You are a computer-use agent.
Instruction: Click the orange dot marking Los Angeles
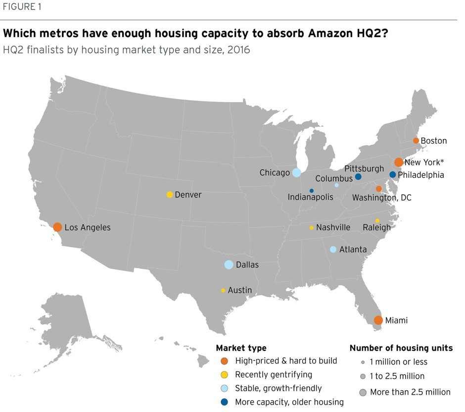click(x=57, y=227)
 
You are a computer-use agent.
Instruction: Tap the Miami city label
click(x=397, y=320)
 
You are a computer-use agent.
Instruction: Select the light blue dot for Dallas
click(x=229, y=264)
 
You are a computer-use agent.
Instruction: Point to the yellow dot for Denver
click(x=170, y=195)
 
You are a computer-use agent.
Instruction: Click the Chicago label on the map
click(x=274, y=173)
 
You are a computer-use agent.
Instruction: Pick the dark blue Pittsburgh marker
click(x=358, y=177)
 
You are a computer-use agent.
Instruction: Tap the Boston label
click(x=433, y=141)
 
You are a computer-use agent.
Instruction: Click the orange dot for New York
click(x=398, y=162)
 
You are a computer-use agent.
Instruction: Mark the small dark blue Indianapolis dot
click(x=312, y=191)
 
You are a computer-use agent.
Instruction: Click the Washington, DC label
click(x=381, y=198)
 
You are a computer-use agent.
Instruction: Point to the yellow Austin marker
click(x=223, y=290)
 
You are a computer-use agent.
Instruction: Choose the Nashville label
click(x=333, y=227)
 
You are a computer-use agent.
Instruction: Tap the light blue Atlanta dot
click(x=333, y=250)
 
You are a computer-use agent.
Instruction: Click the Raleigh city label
click(x=376, y=228)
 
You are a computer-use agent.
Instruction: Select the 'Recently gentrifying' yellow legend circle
click(x=225, y=375)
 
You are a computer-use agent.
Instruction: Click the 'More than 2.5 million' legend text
click(x=410, y=392)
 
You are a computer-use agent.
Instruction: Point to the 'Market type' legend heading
click(x=241, y=348)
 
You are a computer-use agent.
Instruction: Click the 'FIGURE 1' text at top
click(x=23, y=7)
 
